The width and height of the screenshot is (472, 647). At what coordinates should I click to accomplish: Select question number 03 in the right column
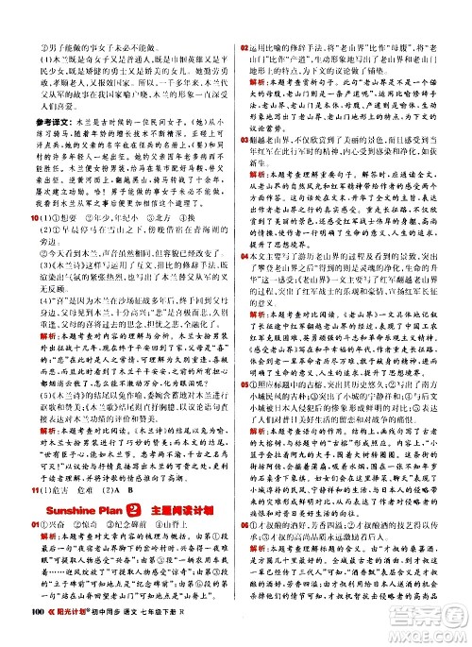(x=244, y=136)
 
